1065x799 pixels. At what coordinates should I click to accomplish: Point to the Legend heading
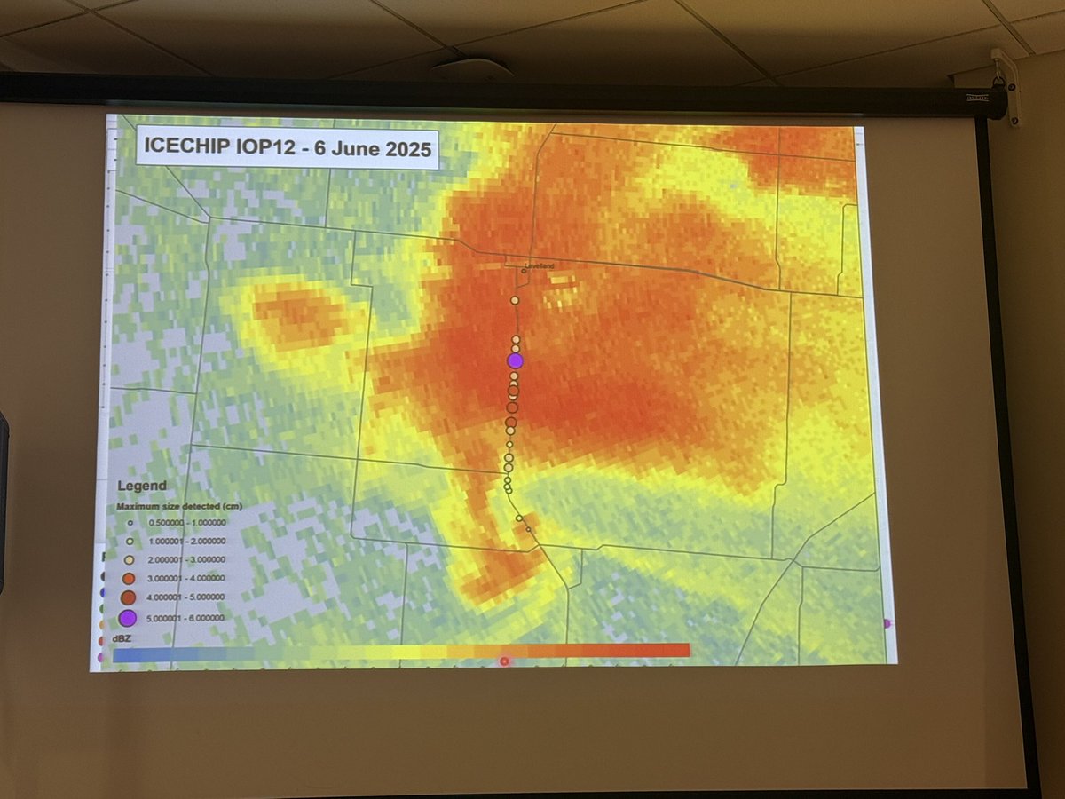tap(142, 487)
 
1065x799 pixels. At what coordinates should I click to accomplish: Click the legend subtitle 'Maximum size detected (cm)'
tap(180, 506)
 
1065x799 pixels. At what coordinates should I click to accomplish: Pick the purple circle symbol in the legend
tap(128, 618)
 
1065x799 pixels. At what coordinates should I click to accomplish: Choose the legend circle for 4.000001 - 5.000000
tap(128, 597)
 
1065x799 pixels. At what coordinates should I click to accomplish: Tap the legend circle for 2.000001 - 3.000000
tap(129, 559)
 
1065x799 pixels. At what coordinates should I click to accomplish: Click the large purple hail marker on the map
tap(515, 360)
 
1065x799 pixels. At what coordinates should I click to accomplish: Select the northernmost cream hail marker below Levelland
tap(515, 301)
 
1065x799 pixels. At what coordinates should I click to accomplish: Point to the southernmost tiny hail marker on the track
tap(528, 530)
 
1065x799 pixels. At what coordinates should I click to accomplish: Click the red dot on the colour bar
tap(504, 661)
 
